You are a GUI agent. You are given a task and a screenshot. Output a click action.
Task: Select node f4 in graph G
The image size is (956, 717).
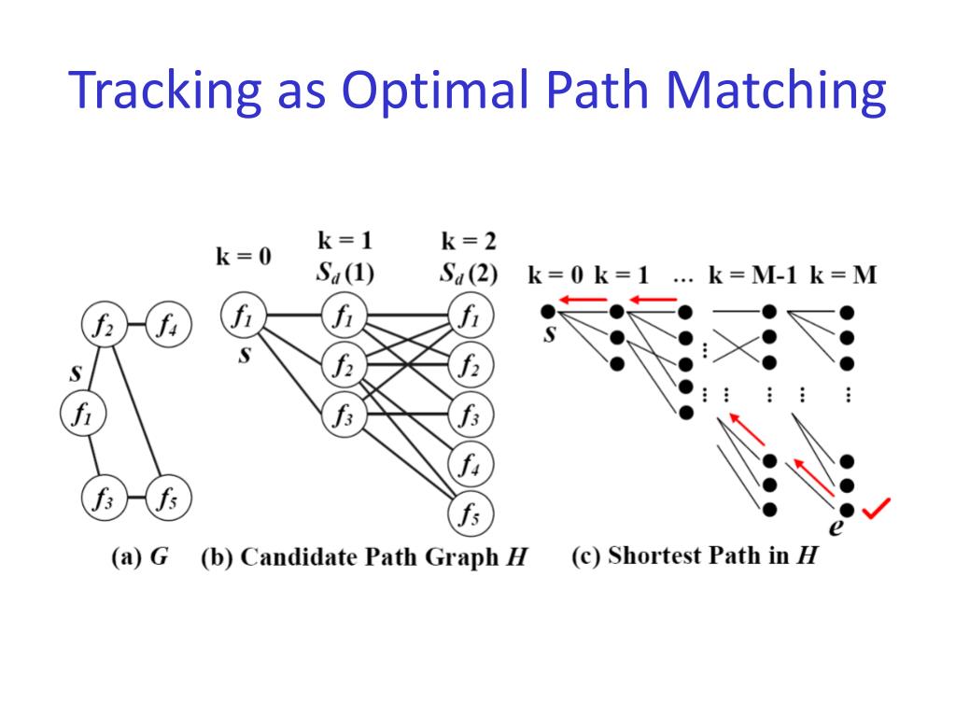pos(169,326)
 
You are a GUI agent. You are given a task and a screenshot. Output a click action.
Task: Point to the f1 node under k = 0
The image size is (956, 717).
pos(242,318)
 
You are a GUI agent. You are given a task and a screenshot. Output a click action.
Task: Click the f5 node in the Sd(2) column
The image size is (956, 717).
pos(469,513)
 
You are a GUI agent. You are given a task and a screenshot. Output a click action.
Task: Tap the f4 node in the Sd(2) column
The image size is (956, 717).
pos(469,464)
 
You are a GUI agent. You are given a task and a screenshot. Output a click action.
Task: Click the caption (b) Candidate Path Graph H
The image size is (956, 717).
pos(364,557)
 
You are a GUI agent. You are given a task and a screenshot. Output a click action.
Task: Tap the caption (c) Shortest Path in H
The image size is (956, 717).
pos(695,556)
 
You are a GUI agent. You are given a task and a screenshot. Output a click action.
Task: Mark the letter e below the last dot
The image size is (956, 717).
pos(836,528)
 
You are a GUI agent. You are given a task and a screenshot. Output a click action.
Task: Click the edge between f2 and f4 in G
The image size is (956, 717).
pos(137,326)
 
